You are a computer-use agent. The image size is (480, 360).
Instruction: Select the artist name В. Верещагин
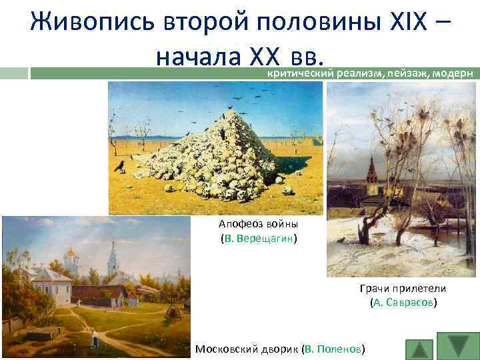259,237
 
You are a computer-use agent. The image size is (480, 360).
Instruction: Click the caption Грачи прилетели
403,288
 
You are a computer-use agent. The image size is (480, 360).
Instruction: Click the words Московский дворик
247,349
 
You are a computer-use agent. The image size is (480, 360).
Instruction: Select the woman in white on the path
95,341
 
